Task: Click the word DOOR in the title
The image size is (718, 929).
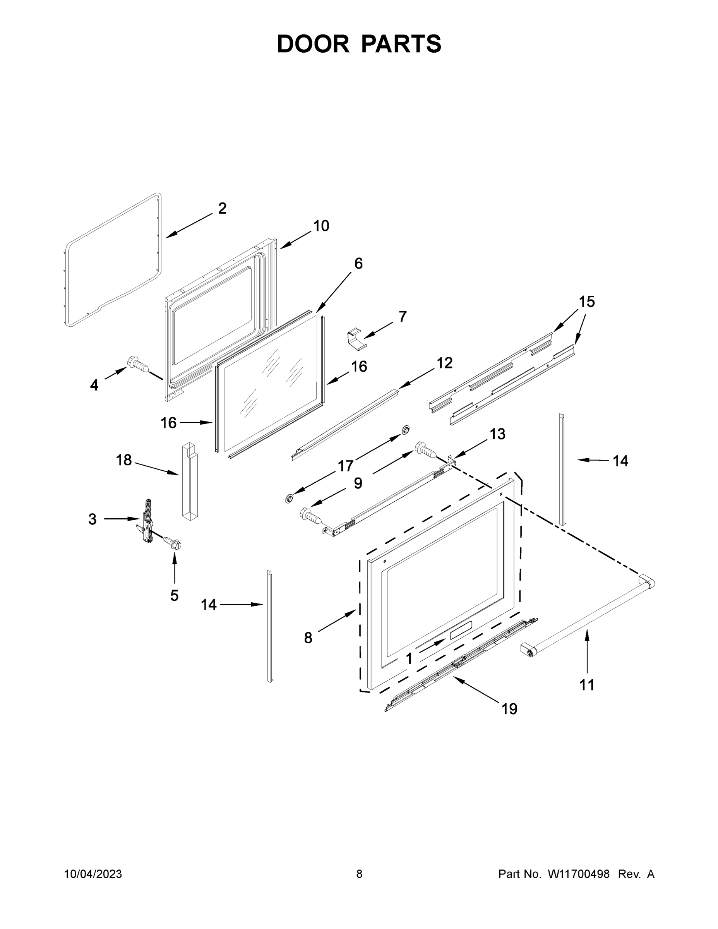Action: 313,44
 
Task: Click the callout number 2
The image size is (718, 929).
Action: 222,208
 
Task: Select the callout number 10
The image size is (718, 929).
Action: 321,226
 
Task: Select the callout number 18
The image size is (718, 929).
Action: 124,460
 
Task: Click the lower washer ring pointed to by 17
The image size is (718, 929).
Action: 289,498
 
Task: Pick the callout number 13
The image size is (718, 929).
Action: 497,434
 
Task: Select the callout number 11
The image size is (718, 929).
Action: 587,685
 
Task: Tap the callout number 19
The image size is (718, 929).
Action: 509,709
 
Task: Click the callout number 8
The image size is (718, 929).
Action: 308,638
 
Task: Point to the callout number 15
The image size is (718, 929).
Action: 586,302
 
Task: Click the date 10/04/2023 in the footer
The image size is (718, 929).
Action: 93,874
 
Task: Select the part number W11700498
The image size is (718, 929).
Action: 579,874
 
